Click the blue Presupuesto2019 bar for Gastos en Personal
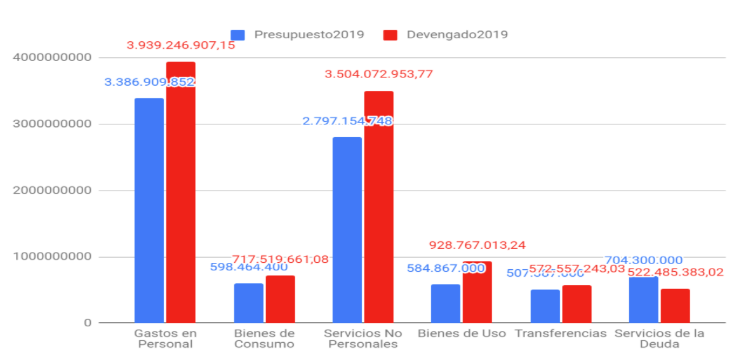tap(149, 210)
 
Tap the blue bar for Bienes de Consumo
tap(248, 303)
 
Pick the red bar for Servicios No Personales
tap(379, 207)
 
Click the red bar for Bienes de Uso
tap(477, 292)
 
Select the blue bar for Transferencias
tap(545, 306)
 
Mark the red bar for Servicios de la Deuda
tap(675, 305)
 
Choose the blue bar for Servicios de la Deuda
tap(644, 300)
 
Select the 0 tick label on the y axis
tap(87, 323)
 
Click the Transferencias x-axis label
tap(561, 333)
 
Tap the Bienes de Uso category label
tap(462, 333)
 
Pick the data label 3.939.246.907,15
tap(181, 45)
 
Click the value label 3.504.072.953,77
tap(379, 74)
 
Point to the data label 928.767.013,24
tap(477, 245)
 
